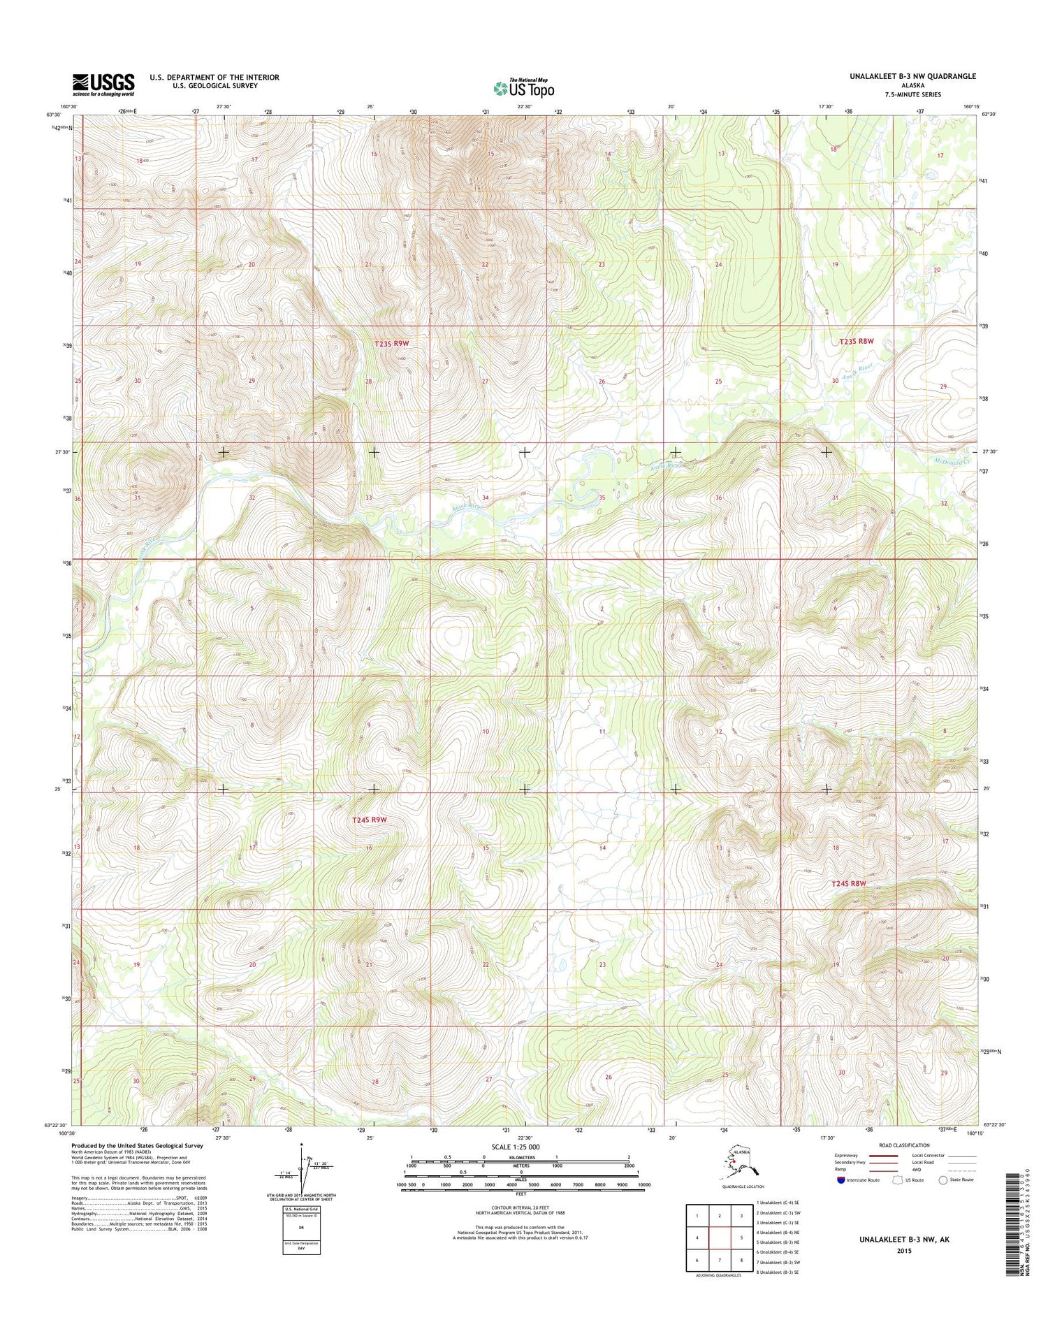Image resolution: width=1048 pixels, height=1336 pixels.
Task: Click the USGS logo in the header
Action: (x=103, y=85)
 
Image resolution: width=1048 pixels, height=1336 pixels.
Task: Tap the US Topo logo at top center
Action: (x=523, y=88)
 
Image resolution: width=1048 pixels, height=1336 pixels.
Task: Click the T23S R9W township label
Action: (x=391, y=344)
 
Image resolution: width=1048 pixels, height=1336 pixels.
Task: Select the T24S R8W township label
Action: (x=848, y=883)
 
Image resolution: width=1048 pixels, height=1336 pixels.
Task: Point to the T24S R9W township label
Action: (x=369, y=820)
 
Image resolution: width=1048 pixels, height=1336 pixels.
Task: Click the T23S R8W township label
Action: (x=856, y=341)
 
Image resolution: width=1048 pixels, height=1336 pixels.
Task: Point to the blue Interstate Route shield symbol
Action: (x=840, y=1180)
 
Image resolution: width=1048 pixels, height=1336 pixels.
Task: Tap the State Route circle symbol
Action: (x=944, y=1180)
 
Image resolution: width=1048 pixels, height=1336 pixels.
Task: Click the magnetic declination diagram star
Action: (x=301, y=1145)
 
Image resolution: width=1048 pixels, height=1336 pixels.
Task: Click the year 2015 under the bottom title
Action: (x=905, y=1251)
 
